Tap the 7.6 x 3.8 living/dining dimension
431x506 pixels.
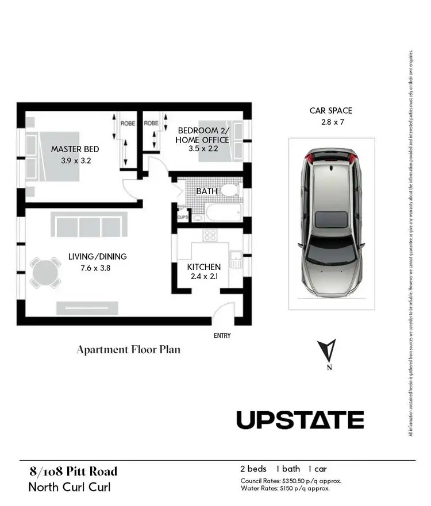pyautogui.click(x=89, y=267)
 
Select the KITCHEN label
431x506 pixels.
pyautogui.click(x=203, y=267)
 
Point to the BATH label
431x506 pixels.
pyautogui.click(x=206, y=191)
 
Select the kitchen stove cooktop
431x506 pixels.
pyautogui.click(x=209, y=235)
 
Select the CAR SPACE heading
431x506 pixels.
pyautogui.click(x=330, y=111)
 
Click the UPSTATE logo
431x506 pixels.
pyautogui.click(x=300, y=420)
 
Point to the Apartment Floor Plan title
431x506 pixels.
pyautogui.click(x=129, y=349)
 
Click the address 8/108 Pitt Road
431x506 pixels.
pyautogui.click(x=73, y=472)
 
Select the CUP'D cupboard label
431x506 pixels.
pyautogui.click(x=183, y=217)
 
